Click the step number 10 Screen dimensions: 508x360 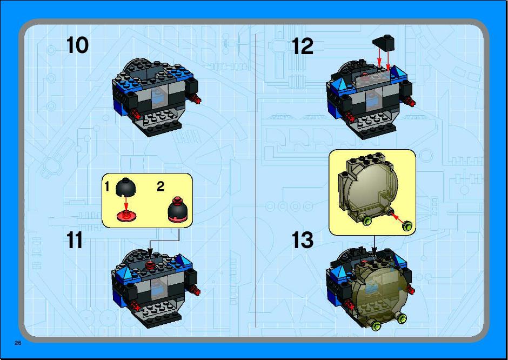[x=77, y=45]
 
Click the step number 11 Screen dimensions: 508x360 [x=74, y=240]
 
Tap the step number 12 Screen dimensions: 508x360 [x=302, y=46]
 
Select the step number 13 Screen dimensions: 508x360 [x=302, y=240]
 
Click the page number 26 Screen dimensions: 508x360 [x=18, y=343]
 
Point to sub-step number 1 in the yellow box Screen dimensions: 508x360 [x=107, y=186]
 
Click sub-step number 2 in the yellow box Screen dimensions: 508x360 [x=161, y=186]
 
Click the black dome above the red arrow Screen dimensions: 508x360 [x=125, y=187]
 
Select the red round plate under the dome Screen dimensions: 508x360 [x=126, y=216]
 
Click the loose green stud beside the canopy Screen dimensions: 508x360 [x=407, y=226]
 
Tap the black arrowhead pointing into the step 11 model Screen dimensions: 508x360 [x=150, y=252]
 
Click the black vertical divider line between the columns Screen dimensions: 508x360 [x=256, y=181]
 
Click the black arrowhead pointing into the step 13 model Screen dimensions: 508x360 [x=374, y=251]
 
